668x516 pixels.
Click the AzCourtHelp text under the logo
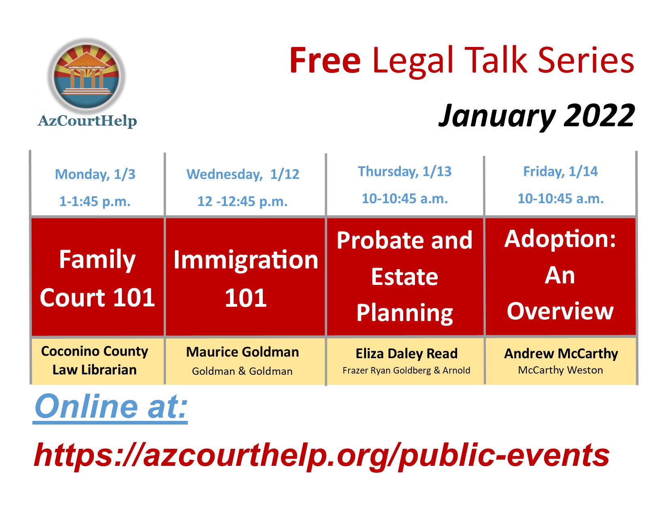tap(87, 121)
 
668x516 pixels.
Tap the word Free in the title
tap(325, 60)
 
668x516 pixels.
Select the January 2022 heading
tap(536, 116)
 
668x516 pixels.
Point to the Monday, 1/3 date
tap(95, 174)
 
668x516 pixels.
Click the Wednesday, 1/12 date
tap(243, 174)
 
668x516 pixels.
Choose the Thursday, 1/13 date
tap(404, 172)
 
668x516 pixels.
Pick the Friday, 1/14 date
tap(560, 172)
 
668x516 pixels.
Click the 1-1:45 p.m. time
tap(95, 202)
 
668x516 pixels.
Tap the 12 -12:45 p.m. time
tap(243, 202)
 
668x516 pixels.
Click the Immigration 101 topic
tap(246, 278)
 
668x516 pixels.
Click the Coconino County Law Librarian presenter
tap(95, 361)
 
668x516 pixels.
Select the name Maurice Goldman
tap(243, 352)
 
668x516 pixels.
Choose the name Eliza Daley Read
tap(406, 354)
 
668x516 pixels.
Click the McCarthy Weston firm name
tap(560, 370)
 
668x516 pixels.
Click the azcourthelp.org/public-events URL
tap(321, 455)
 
